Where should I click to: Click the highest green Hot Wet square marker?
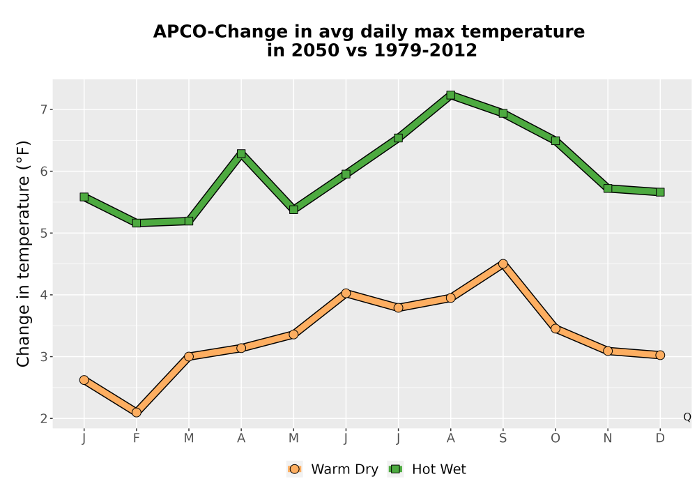pyautogui.click(x=451, y=95)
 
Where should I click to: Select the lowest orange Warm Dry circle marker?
pyautogui.click(x=137, y=413)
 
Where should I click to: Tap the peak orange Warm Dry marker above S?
pyautogui.click(x=503, y=264)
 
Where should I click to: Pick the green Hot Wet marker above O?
pyautogui.click(x=556, y=141)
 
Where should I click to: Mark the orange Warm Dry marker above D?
pyautogui.click(x=660, y=355)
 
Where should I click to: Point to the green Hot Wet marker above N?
pyautogui.click(x=608, y=188)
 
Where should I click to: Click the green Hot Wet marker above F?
pyautogui.click(x=137, y=223)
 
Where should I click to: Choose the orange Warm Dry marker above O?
pyautogui.click(x=556, y=329)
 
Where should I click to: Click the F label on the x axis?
pyautogui.click(x=137, y=439)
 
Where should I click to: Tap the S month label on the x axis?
pyautogui.click(x=503, y=439)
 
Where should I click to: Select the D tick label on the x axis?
pyautogui.click(x=660, y=439)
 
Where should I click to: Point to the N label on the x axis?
pyautogui.click(x=608, y=439)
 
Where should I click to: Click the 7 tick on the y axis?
pyautogui.click(x=43, y=109)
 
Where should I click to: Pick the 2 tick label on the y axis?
pyautogui.click(x=43, y=419)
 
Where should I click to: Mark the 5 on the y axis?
pyautogui.click(x=43, y=233)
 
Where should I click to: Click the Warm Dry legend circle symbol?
pyautogui.click(x=294, y=469)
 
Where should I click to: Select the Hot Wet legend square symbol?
pyautogui.click(x=395, y=469)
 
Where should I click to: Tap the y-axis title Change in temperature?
pyautogui.click(x=23, y=254)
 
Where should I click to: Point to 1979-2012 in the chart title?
pyautogui.click(x=425, y=50)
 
